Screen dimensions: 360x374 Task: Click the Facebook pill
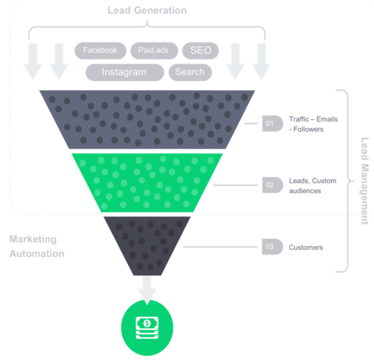point(100,50)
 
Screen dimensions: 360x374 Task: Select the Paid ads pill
point(153,50)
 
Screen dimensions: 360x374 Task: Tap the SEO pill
point(200,50)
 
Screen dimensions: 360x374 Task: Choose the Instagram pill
point(125,72)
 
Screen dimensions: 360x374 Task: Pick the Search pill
point(189,72)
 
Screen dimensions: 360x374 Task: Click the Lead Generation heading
point(146,11)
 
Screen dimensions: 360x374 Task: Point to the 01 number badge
point(271,124)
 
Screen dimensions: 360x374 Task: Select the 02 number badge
point(271,185)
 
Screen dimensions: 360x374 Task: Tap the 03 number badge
point(271,247)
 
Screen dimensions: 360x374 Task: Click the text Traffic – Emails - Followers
point(313,124)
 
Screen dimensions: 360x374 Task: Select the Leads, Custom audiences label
point(312,185)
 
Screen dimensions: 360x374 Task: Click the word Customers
point(305,248)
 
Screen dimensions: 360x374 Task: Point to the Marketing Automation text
point(37,246)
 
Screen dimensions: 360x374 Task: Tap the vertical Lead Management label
point(365,181)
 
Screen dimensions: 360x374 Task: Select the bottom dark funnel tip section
point(146,243)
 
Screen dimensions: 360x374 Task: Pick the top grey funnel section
point(146,119)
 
